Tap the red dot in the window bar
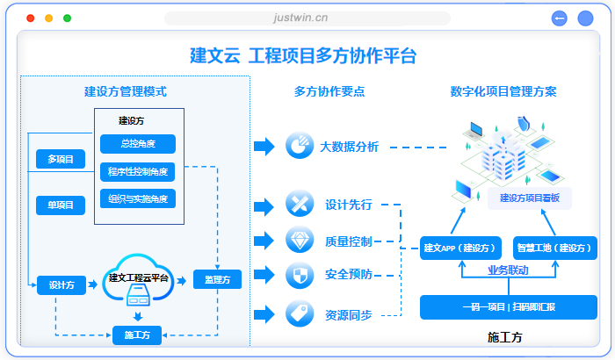[31, 18]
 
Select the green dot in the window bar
[68, 18]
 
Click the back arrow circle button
[560, 18]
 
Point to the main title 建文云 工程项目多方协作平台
[303, 56]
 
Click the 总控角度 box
[138, 144]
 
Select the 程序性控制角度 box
[138, 171]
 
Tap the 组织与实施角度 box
[138, 198]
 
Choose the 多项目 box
[61, 159]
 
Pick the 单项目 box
[61, 205]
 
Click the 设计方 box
[61, 284]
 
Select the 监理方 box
[217, 280]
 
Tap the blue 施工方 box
[137, 335]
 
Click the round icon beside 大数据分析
[300, 146]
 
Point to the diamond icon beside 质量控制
[300, 240]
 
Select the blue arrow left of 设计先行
[264, 206]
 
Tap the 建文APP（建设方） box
[461, 248]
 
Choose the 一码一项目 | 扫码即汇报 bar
[509, 307]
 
